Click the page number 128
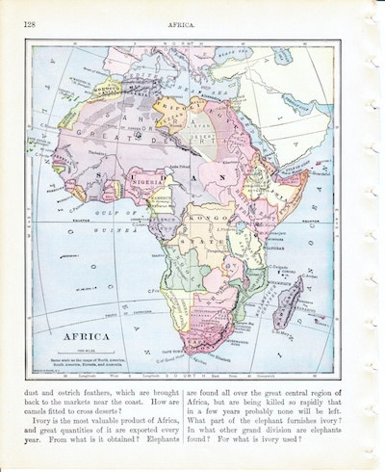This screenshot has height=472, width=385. click(x=29, y=25)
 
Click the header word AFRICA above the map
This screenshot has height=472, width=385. click(x=182, y=25)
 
